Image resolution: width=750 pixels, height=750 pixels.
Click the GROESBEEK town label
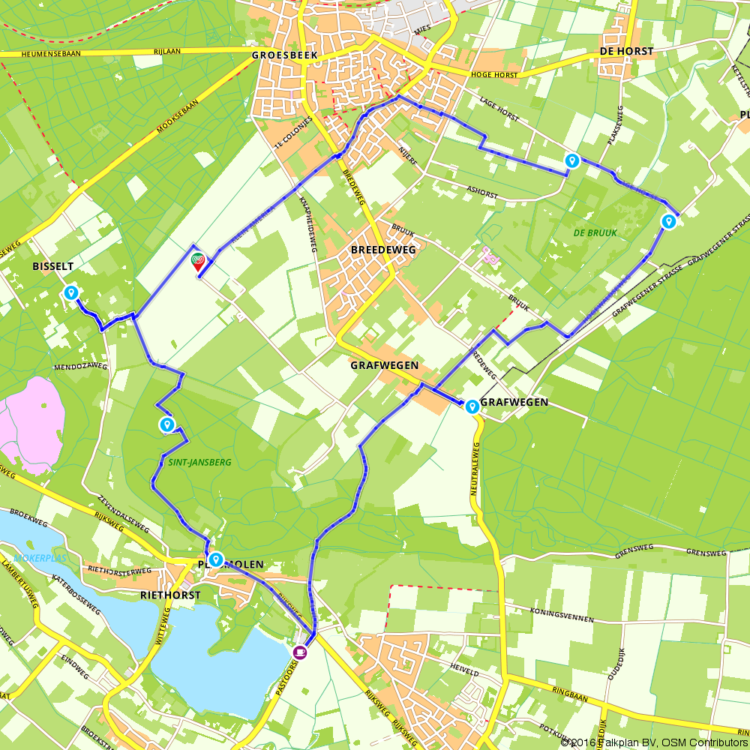coord(285,55)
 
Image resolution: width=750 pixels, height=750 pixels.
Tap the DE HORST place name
coord(626,52)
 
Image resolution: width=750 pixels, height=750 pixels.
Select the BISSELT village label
coord(53,266)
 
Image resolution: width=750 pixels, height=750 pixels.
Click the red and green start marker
coord(198,261)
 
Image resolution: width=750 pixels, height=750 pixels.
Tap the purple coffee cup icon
coord(300,652)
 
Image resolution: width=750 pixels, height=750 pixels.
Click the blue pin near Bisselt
coord(71,292)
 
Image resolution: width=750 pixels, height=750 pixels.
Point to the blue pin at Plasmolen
coord(216,559)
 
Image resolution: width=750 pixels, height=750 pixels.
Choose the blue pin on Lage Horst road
coord(571,160)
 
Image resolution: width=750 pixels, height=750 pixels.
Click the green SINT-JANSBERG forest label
coord(184,462)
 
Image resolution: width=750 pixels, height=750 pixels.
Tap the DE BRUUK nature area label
coord(595,233)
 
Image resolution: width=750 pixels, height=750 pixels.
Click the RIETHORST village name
coord(170,595)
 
